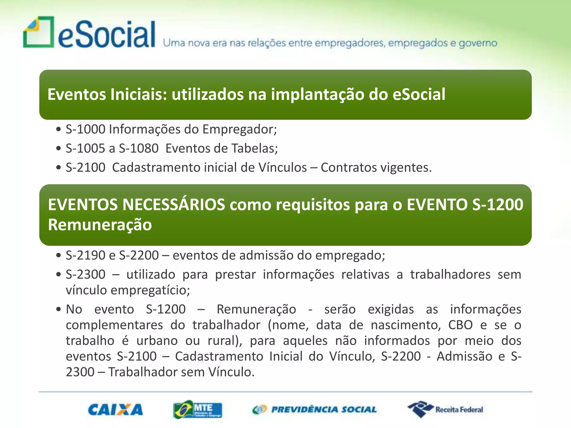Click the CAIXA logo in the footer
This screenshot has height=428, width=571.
point(115,410)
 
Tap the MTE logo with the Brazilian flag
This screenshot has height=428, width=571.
point(197,410)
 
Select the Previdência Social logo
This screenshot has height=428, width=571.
point(314,410)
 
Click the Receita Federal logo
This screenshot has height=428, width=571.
point(446,410)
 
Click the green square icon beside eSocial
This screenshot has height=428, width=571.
point(38,32)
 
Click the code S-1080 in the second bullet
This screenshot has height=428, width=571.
point(139,149)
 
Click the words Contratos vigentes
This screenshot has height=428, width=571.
point(376,168)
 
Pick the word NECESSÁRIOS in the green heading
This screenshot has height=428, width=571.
point(174,205)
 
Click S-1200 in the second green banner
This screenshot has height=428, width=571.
point(498,205)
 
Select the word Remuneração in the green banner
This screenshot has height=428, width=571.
point(100,225)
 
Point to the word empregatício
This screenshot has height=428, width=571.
point(150,290)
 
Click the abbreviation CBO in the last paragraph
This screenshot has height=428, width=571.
point(460,325)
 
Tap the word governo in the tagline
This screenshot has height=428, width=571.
point(478,43)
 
